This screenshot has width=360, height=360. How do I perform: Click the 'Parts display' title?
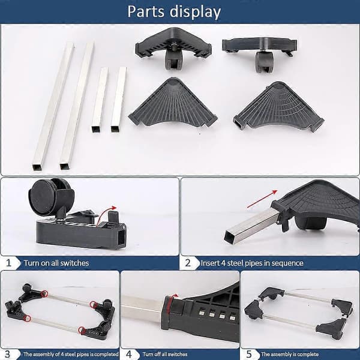174,12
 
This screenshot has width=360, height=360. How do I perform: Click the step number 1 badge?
9,263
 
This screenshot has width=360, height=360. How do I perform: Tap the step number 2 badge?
188,263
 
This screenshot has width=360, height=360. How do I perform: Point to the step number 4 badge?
129,354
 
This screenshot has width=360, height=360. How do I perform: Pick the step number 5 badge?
249,354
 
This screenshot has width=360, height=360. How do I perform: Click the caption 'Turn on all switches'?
56,263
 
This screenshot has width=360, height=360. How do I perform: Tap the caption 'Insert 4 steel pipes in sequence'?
252,263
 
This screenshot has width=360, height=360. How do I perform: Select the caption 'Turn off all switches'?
165,354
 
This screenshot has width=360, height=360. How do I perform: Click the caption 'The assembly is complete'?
290,354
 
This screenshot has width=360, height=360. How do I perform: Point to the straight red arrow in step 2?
262,199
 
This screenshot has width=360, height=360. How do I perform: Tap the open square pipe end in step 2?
230,236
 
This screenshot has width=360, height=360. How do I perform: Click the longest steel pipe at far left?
53,106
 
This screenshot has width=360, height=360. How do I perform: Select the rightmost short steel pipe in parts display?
119,100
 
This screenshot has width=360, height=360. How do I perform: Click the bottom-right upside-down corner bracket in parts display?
279,107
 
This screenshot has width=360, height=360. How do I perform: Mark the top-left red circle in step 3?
44,293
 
